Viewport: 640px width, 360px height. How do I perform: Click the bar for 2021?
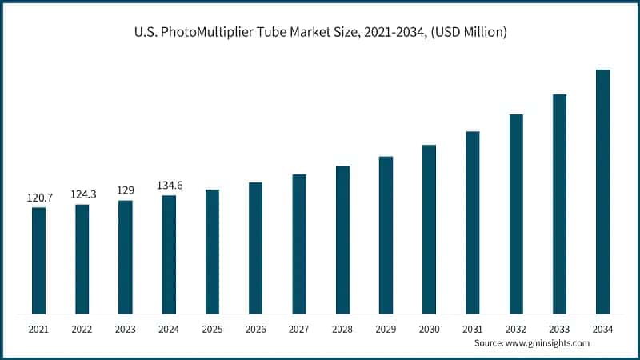[38, 260]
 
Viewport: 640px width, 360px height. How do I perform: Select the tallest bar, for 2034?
[602, 191]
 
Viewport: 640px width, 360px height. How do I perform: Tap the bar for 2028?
[342, 239]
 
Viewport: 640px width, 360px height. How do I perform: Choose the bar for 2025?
[212, 251]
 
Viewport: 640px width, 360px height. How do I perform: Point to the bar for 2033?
[559, 204]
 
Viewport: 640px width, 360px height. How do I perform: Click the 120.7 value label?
[38, 196]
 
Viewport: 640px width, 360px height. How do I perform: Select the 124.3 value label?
[82, 193]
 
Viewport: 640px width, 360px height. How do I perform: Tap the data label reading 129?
[126, 190]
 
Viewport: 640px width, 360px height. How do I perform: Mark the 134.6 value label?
[169, 185]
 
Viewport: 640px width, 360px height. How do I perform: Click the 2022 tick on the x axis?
[82, 329]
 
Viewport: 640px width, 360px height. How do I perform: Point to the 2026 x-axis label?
[255, 329]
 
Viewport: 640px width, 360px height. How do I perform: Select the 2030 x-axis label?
[429, 329]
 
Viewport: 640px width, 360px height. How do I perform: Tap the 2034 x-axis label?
[602, 329]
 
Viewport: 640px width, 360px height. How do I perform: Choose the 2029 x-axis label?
[386, 329]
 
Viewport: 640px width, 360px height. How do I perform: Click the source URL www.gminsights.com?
[548, 342]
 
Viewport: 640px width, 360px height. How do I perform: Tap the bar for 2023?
[126, 257]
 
